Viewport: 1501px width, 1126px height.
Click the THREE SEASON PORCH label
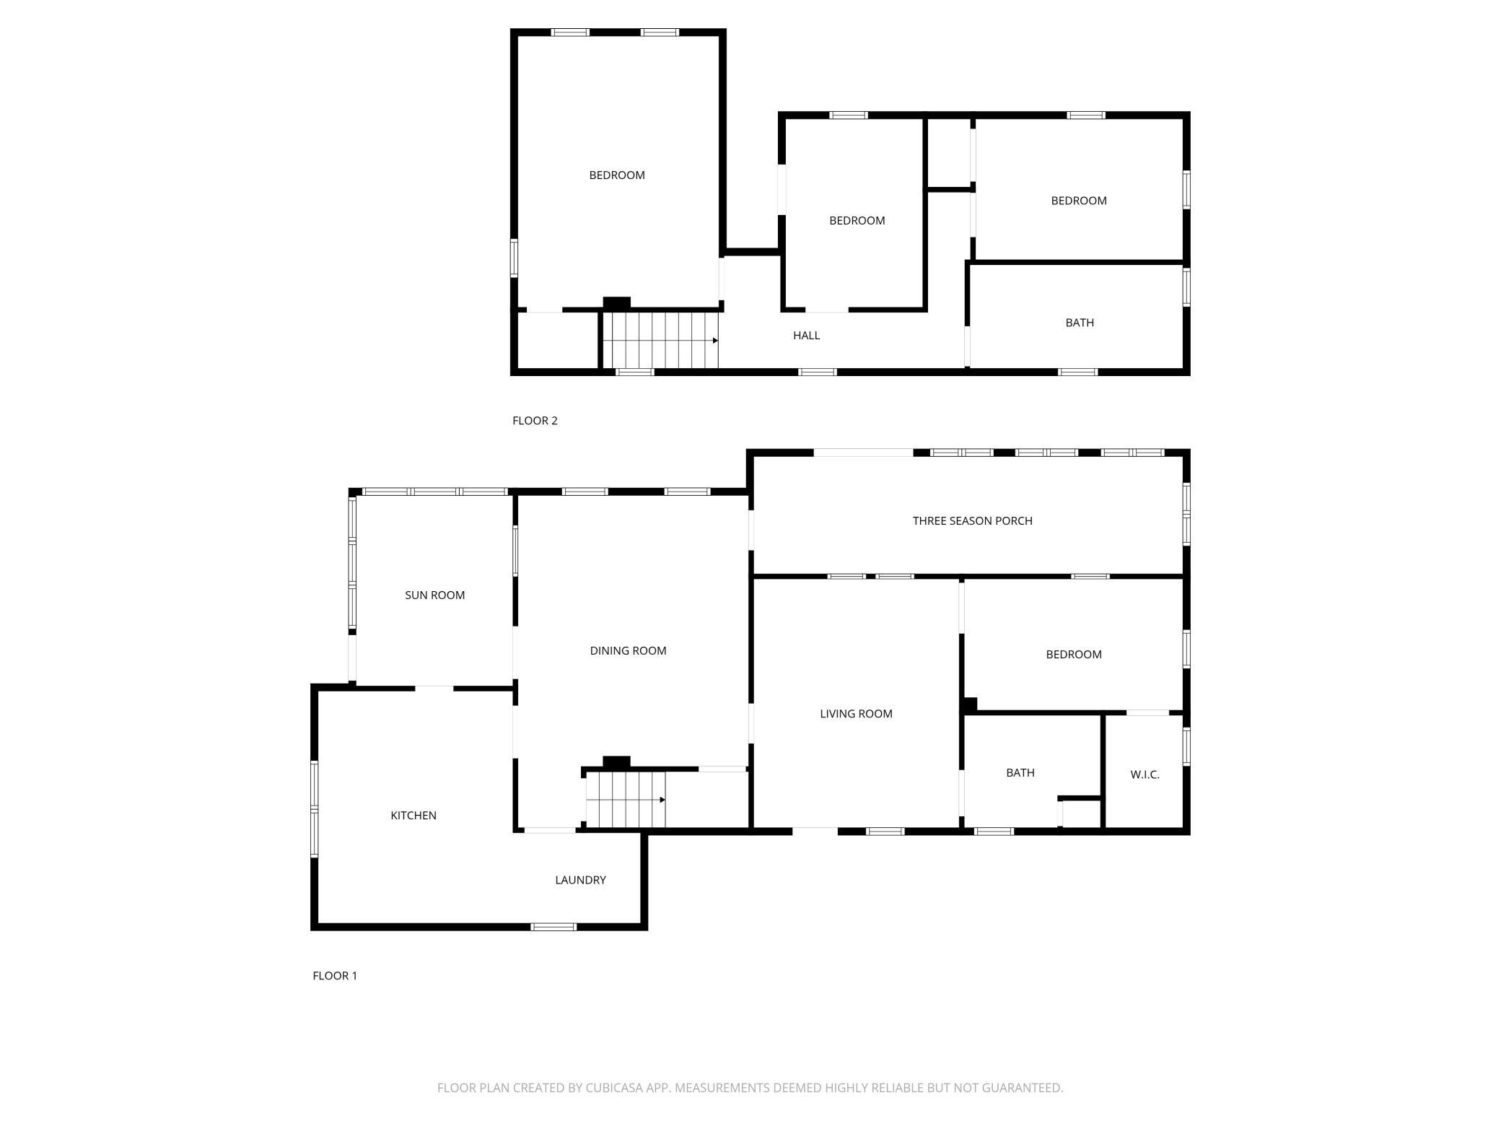tap(972, 520)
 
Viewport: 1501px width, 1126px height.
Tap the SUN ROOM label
tap(434, 595)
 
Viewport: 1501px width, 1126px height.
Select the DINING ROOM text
tap(628, 650)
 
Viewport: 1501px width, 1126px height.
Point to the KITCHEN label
tap(413, 815)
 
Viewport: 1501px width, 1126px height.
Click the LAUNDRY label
tap(580, 880)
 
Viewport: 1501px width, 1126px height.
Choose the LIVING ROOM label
tap(856, 713)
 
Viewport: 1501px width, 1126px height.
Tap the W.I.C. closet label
tap(1145, 774)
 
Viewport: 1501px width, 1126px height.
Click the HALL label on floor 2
tap(806, 335)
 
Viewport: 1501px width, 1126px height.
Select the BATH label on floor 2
tap(1080, 323)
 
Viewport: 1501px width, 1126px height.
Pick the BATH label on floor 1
tap(1020, 772)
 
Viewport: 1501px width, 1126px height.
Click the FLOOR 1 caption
tap(335, 975)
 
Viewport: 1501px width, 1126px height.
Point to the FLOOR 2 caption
tap(535, 420)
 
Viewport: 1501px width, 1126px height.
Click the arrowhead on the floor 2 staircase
tap(715, 340)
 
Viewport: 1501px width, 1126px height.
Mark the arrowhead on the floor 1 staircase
tap(662, 800)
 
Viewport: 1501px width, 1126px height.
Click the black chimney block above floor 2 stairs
tap(616, 304)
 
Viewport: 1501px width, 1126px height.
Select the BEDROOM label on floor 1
tap(1074, 654)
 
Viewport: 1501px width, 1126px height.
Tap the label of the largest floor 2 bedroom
tap(617, 175)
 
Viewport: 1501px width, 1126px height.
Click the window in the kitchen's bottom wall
tap(553, 927)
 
